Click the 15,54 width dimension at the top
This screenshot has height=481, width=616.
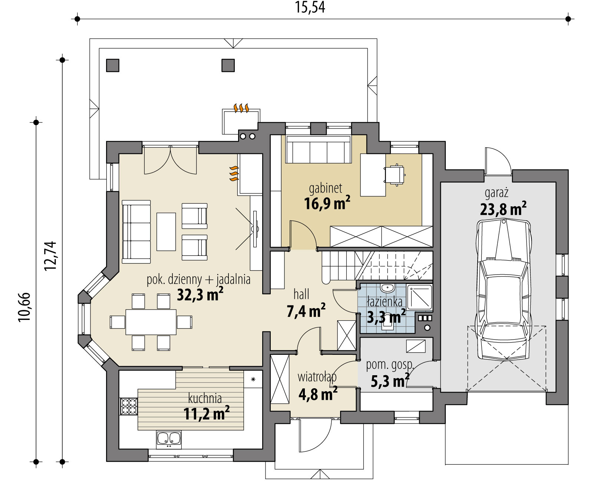point(310,8)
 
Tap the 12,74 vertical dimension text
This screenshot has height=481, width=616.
point(50,256)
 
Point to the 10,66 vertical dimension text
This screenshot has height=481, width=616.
point(24,307)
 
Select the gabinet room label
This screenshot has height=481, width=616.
point(326,188)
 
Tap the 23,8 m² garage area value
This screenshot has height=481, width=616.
point(503,209)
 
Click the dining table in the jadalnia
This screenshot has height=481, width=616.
point(151,322)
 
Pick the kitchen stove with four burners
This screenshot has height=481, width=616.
point(129,406)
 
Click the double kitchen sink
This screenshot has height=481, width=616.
point(169,440)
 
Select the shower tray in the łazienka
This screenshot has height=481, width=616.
point(419,297)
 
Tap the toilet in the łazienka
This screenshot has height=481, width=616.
point(388,323)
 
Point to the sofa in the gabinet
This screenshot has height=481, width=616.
point(318,150)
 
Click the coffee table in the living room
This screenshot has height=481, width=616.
point(166,232)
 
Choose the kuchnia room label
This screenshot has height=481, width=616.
point(205,398)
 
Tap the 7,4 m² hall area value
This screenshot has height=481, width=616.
point(306,311)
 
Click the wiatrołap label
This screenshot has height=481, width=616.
point(317,377)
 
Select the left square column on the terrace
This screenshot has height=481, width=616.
point(112,66)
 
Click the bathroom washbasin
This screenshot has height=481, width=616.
point(387,288)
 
